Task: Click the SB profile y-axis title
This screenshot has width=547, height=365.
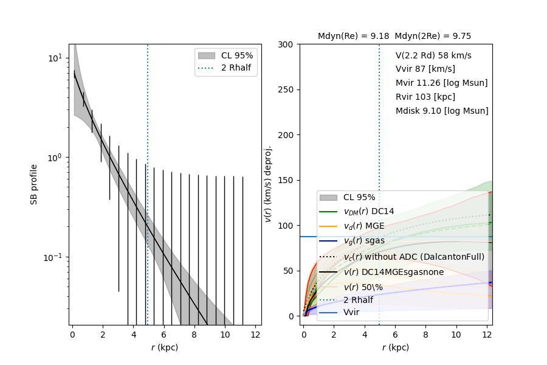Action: point(35,184)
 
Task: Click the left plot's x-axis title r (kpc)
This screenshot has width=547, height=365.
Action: point(165,347)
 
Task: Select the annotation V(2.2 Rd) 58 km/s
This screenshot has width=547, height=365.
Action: point(433,55)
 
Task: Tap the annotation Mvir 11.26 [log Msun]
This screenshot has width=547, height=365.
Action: point(441,83)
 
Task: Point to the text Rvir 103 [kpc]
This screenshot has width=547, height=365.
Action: point(425,97)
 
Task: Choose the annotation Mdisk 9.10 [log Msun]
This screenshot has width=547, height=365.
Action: point(442,111)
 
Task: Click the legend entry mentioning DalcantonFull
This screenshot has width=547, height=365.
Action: point(413,257)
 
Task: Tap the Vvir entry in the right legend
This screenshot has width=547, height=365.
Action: point(351,312)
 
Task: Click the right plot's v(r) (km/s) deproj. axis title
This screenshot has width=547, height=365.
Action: point(267,184)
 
